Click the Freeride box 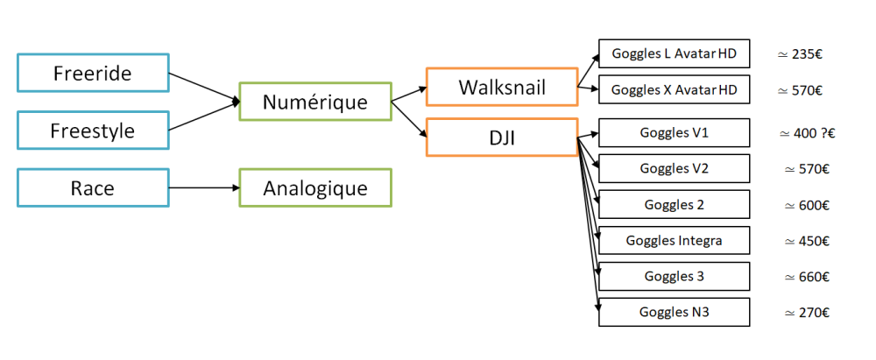92,73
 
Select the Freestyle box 92,131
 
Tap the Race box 92,187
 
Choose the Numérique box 314,102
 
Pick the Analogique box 314,187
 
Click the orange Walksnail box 501,88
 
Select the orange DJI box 501,137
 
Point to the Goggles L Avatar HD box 674,54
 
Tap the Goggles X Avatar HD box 674,89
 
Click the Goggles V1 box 674,133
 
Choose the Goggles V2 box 674,169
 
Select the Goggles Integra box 674,240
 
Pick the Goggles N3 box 674,312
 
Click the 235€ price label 799,54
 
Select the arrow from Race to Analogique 203,187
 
